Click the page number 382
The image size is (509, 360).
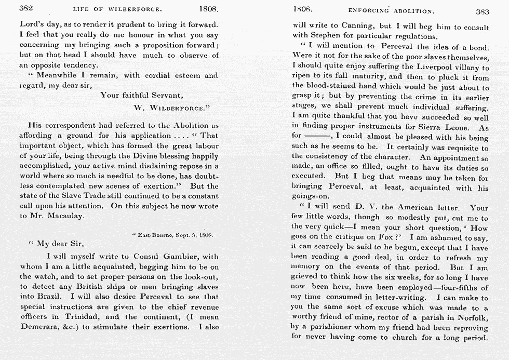click(26, 9)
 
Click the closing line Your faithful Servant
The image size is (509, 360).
click(141, 95)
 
